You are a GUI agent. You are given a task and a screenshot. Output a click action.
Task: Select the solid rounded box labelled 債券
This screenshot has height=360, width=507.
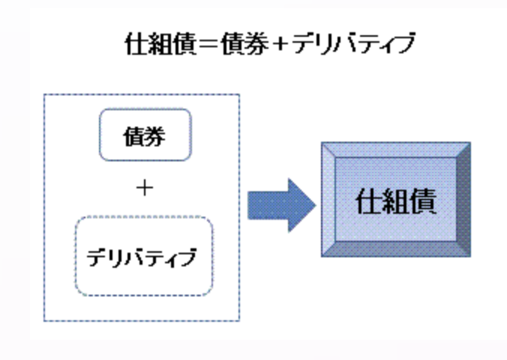(145, 137)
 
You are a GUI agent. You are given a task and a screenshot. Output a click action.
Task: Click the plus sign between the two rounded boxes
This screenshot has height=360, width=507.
(145, 187)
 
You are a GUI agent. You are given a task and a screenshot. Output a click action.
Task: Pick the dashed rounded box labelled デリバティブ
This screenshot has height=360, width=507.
(144, 256)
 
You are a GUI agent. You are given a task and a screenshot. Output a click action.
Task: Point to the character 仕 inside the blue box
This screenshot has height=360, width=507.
(367, 202)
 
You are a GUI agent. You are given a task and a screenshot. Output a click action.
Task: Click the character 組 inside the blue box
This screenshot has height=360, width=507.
(395, 202)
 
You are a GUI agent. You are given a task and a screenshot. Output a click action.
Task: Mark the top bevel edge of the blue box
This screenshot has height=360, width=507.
(395, 149)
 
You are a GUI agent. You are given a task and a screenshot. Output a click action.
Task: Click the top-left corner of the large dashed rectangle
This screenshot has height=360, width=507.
(45, 95)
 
